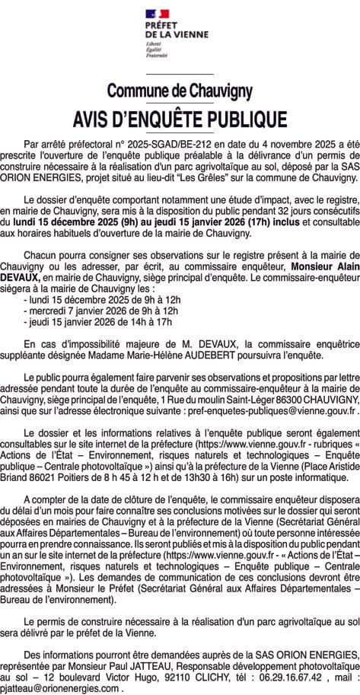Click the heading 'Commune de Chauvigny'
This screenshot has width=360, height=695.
tap(180, 91)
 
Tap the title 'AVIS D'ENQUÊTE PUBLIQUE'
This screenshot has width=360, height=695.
tap(180, 120)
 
